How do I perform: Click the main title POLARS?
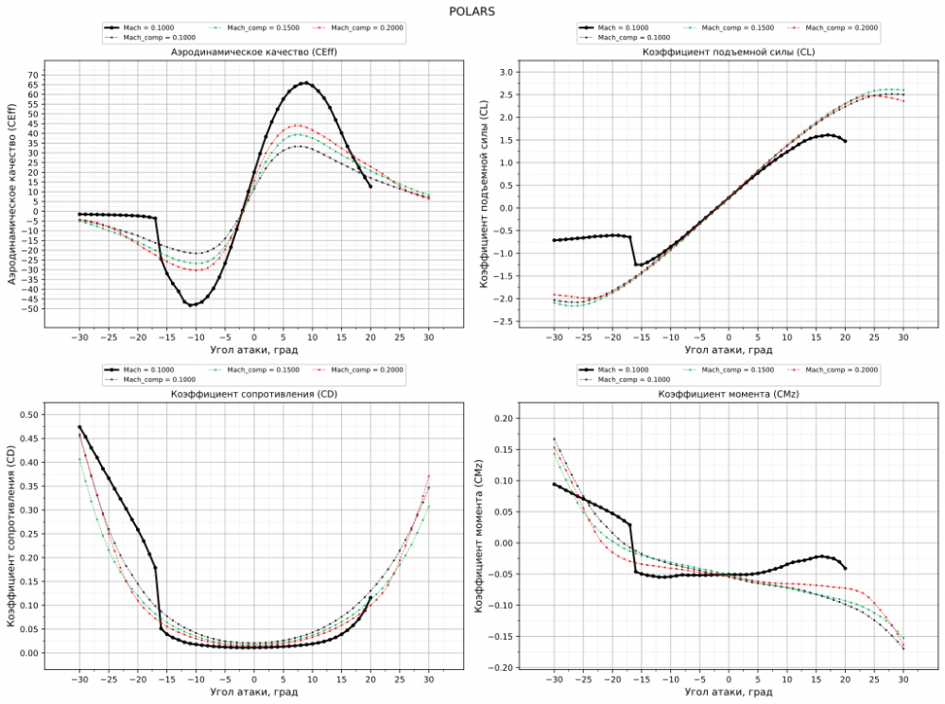[x=472, y=11]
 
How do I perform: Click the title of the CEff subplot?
[x=253, y=51]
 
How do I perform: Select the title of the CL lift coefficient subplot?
[x=727, y=51]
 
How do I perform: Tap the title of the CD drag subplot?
[x=253, y=393]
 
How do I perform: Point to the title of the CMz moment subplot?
[x=727, y=393]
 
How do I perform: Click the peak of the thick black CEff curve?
[x=305, y=82]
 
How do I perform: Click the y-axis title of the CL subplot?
[x=483, y=197]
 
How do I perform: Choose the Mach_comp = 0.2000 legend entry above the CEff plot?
[x=369, y=28]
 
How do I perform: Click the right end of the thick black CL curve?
[x=845, y=141]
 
